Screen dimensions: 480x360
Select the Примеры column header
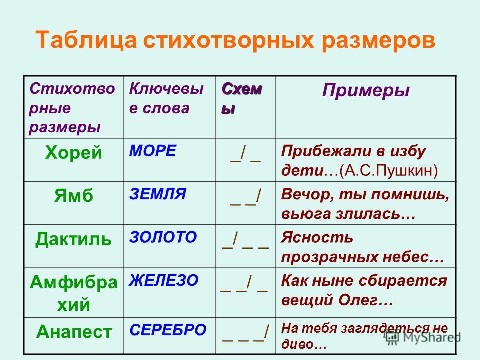click(366, 91)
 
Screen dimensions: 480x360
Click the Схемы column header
click(242, 98)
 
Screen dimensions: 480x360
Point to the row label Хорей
click(74, 153)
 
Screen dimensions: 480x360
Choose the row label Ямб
click(74, 195)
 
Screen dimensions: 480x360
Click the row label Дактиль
click(73, 239)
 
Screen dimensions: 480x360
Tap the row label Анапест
click(74, 331)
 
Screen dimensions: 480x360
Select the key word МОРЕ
click(153, 151)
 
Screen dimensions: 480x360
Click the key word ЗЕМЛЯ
click(157, 194)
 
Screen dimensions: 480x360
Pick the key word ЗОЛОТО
click(163, 237)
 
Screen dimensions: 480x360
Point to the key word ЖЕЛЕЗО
click(164, 280)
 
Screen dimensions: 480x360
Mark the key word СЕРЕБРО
click(168, 330)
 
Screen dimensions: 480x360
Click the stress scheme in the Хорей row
click(246, 154)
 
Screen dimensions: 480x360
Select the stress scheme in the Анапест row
click(246, 333)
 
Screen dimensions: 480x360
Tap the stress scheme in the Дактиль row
click(246, 240)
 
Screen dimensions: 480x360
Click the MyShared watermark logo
click(423, 337)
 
